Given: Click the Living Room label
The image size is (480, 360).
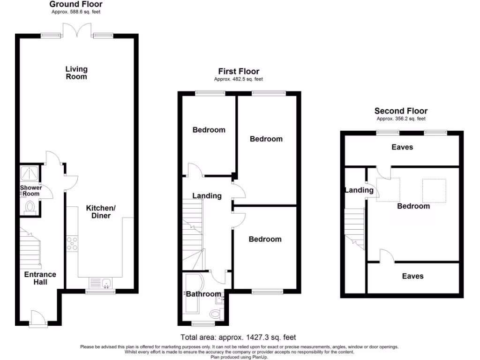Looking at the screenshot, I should (x=76, y=73).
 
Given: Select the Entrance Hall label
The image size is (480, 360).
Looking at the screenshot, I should (x=40, y=278).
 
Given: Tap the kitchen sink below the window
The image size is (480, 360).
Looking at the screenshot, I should (x=100, y=283).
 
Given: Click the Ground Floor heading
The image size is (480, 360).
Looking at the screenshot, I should (x=76, y=4).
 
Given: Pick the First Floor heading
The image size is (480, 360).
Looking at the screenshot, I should (x=239, y=71).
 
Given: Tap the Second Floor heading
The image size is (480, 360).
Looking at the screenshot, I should (x=401, y=111).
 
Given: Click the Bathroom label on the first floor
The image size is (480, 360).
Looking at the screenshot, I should (x=203, y=294).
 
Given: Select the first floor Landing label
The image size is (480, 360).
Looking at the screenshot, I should (x=207, y=196).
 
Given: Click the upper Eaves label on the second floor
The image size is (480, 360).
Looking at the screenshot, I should (x=402, y=147).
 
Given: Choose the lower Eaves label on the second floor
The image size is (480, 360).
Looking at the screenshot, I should (x=412, y=276).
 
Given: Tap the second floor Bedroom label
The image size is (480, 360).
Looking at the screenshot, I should (x=413, y=206).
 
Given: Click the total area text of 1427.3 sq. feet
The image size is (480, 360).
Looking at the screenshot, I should (x=238, y=337).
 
